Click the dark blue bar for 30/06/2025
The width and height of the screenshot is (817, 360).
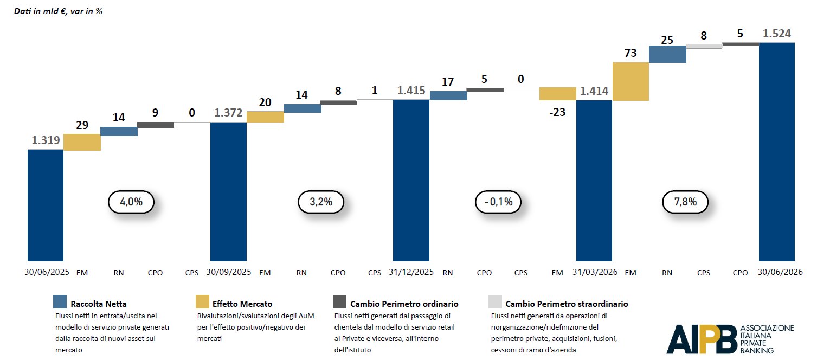coord(46,205)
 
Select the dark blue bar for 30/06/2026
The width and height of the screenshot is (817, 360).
coord(777,152)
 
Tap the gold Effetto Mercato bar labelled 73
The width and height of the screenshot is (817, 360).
coord(631,81)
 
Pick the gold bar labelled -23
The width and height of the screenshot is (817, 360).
coord(558,94)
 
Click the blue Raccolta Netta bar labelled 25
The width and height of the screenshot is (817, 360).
coord(667,54)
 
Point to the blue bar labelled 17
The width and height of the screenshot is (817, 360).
coord(448,95)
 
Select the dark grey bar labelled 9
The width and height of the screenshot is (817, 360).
coord(156,125)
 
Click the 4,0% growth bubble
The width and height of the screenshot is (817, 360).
coord(131,202)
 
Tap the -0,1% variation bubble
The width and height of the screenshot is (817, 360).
coord(498,202)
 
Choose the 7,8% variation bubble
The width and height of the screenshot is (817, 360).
coord(685,202)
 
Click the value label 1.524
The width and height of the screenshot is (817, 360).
coord(777,34)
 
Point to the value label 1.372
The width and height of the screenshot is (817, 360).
coord(228,113)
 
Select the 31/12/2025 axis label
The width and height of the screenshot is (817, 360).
coord(411,272)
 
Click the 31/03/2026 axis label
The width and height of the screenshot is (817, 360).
coord(595,272)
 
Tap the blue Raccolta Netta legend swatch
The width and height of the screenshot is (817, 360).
coord(60,301)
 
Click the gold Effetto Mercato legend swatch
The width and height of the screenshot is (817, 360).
coord(202,301)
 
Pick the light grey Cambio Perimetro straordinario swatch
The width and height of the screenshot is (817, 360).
coord(495,301)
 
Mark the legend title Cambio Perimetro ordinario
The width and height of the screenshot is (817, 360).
coord(404,304)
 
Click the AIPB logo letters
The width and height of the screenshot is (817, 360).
coord(702,339)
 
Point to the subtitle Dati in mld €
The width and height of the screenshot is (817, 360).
coord(41,11)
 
